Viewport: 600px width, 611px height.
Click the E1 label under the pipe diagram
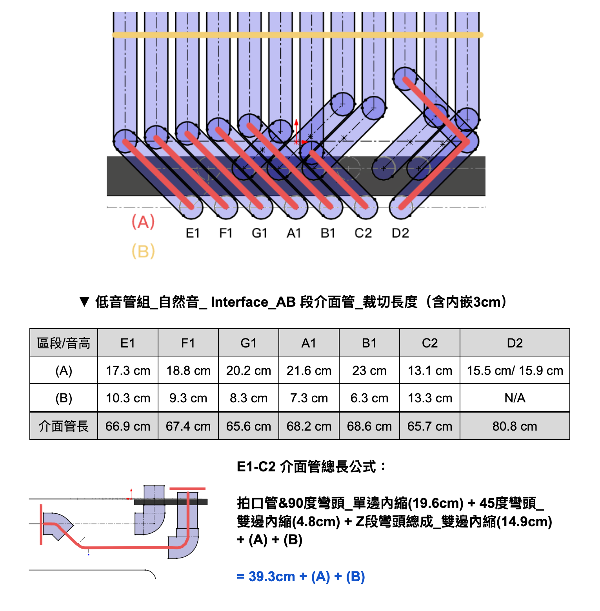click(x=193, y=233)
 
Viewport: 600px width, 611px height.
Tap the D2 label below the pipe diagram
click(x=400, y=233)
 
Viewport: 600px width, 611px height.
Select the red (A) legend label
click(x=143, y=222)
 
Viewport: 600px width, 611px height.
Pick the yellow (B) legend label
click(x=143, y=251)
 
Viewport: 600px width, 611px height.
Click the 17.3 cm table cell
click(x=128, y=371)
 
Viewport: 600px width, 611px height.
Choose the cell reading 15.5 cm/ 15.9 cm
click(x=515, y=371)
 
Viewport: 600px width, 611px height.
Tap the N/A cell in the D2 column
click(x=515, y=398)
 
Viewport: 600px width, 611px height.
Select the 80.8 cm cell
click(x=515, y=426)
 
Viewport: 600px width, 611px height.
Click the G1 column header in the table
click(x=249, y=343)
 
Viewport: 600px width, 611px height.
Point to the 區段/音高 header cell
click(x=64, y=343)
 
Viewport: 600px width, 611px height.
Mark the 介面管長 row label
click(x=64, y=426)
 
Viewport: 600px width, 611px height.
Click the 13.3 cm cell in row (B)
click(x=430, y=398)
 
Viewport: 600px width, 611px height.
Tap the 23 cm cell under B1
click(x=369, y=371)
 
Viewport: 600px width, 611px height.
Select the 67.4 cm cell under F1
click(x=188, y=426)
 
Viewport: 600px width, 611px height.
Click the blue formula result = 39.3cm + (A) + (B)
click(x=301, y=576)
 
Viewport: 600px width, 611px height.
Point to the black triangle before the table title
click(x=84, y=302)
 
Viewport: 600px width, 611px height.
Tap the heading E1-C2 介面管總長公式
click(x=311, y=467)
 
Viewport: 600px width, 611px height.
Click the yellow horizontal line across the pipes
click(x=298, y=35)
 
